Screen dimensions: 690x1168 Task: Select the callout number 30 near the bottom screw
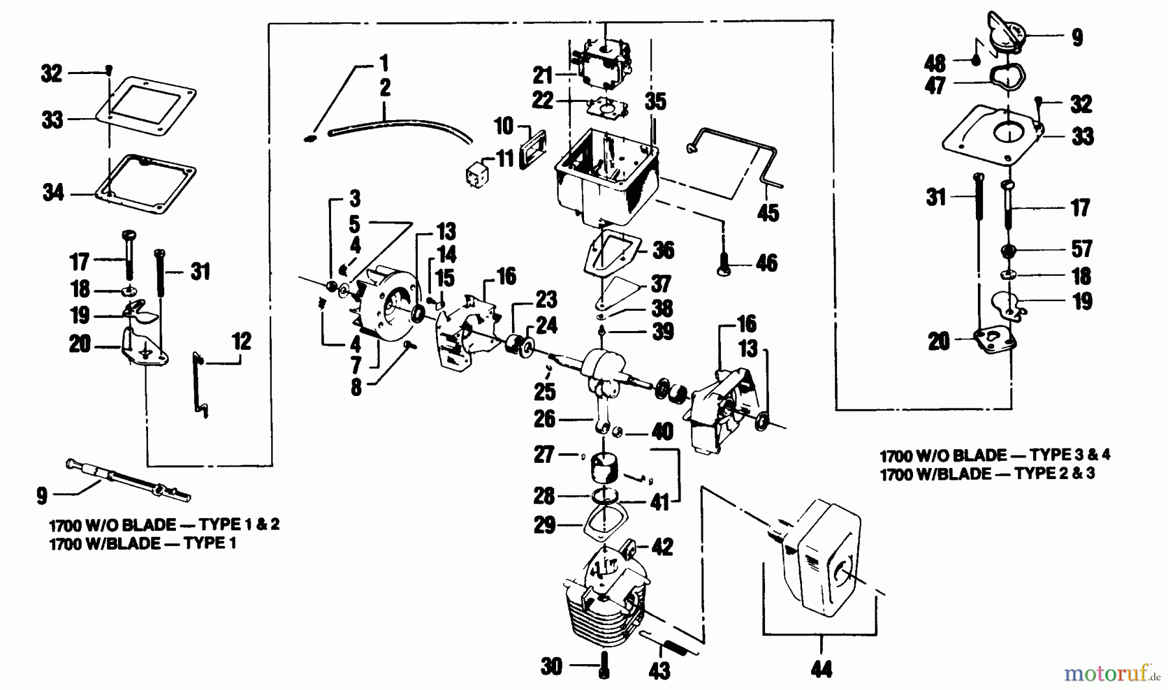[552, 666]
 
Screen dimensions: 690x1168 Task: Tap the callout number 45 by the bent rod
[768, 213]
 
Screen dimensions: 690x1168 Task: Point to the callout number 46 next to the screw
[766, 263]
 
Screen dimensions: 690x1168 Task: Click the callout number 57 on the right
[1082, 249]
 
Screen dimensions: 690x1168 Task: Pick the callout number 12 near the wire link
[241, 341]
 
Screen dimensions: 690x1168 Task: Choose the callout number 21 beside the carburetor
[542, 75]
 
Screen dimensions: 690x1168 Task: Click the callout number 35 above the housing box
[655, 101]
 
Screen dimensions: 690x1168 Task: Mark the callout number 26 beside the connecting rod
[545, 419]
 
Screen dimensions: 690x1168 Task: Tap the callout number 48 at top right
[935, 64]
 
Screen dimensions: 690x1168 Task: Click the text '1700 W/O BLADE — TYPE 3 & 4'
[994, 454]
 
